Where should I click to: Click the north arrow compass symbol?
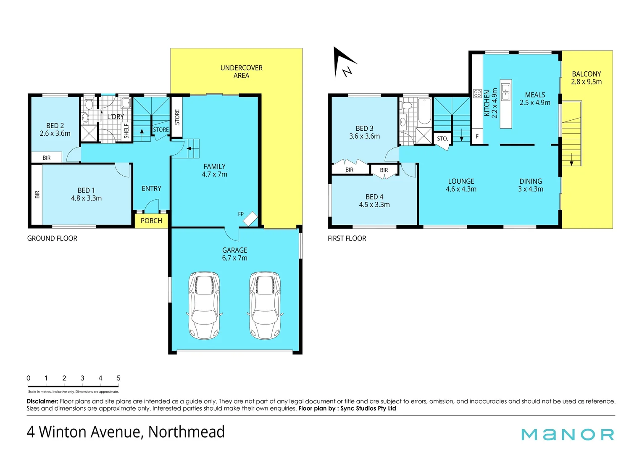(343, 63)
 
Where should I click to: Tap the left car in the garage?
(204, 305)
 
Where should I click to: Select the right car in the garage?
(265, 305)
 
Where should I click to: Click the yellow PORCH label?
(151, 221)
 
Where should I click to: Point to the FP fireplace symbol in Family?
(250, 218)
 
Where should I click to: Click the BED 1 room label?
(86, 194)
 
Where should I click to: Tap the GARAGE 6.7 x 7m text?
(234, 254)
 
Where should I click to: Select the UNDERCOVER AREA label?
(241, 71)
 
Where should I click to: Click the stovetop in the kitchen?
(477, 93)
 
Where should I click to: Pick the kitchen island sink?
(505, 92)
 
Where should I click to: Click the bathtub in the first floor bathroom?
(424, 111)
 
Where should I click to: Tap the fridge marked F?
(477, 137)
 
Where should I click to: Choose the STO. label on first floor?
(442, 138)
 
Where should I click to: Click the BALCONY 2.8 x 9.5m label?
(586, 78)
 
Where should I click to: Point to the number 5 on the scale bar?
(118, 378)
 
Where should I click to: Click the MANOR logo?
(568, 434)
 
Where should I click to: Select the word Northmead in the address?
(187, 432)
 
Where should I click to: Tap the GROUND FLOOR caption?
(52, 238)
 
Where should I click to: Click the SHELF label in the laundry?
(126, 131)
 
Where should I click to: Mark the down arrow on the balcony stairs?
(571, 160)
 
